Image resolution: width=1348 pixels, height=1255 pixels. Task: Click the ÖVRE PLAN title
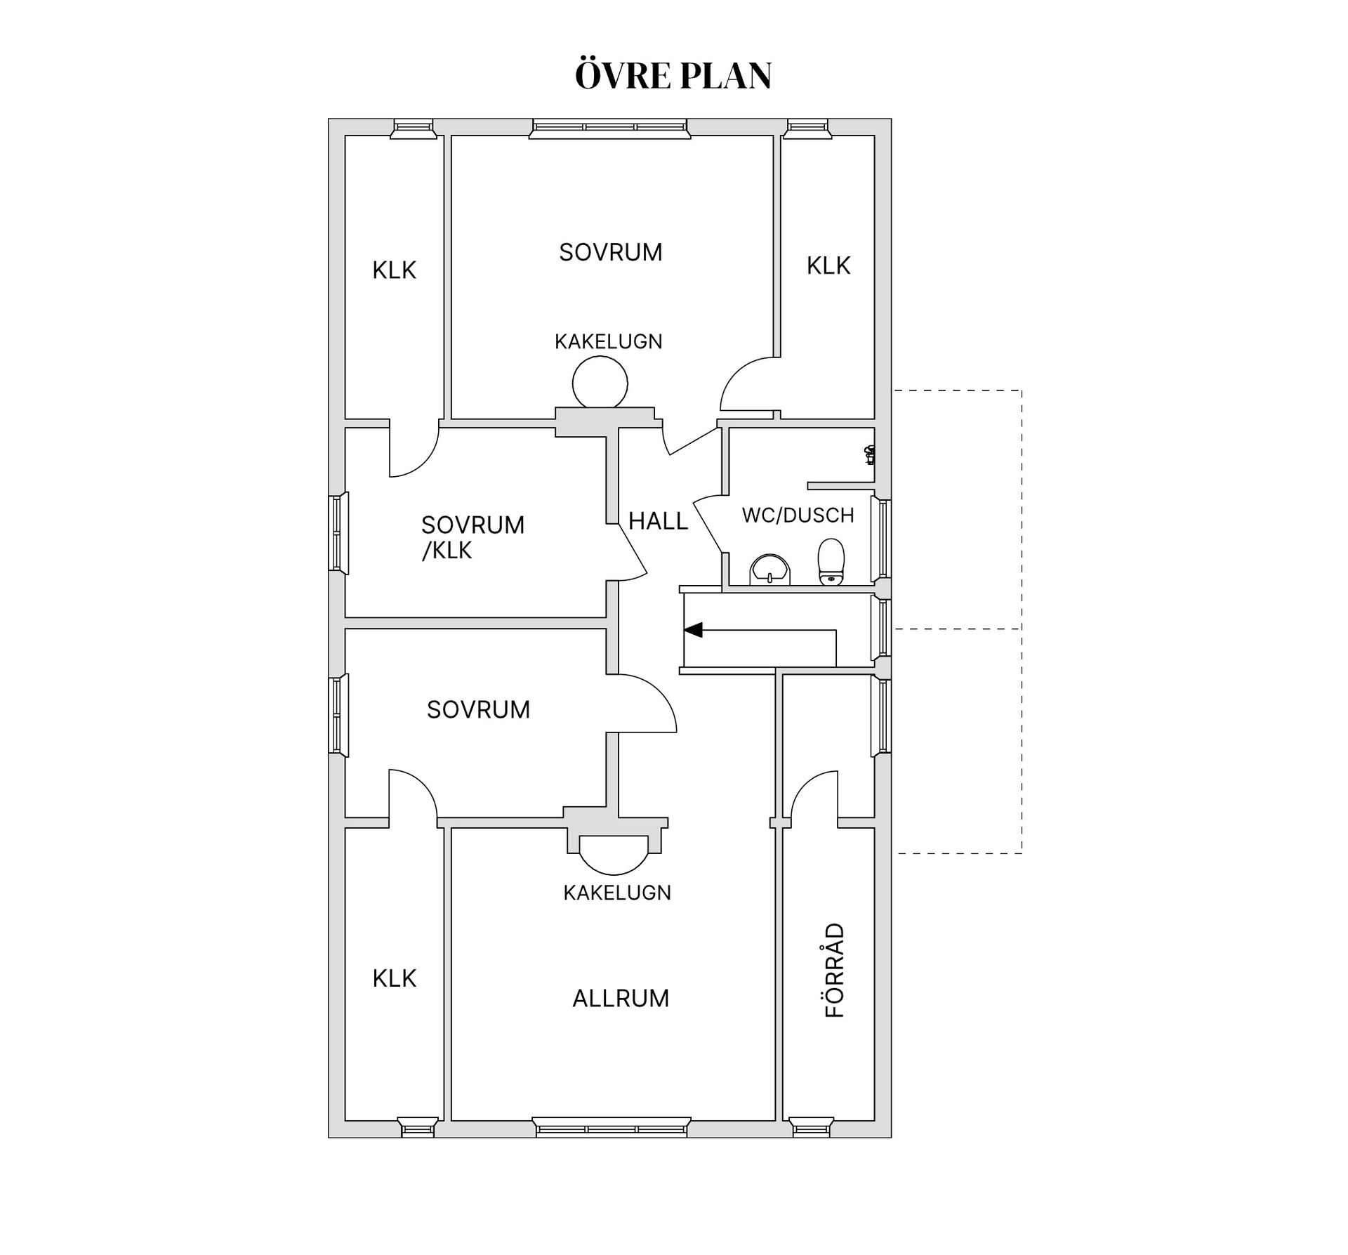[x=673, y=75]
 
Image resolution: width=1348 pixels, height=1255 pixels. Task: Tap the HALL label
[x=658, y=521]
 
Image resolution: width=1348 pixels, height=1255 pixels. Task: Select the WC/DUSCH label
[x=798, y=515]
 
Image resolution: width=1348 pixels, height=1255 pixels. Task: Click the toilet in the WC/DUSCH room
[x=831, y=561]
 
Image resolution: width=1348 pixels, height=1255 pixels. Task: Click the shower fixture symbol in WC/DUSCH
[x=870, y=455]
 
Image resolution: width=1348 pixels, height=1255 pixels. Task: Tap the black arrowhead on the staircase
[x=693, y=630]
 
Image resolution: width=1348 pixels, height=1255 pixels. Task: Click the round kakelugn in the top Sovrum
[x=600, y=382]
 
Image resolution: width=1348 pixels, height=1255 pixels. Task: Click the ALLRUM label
[x=621, y=999]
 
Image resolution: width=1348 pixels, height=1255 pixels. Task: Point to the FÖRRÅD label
[x=834, y=971]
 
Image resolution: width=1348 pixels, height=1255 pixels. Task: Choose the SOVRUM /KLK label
[x=473, y=537]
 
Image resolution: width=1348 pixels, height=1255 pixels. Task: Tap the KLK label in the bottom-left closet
[x=394, y=978]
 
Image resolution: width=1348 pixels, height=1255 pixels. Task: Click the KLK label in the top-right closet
[x=828, y=265]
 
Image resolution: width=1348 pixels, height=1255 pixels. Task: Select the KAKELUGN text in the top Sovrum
[x=608, y=342]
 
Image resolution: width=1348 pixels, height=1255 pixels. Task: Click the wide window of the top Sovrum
[x=609, y=128]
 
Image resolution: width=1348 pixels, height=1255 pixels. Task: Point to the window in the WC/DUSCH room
[x=882, y=539]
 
